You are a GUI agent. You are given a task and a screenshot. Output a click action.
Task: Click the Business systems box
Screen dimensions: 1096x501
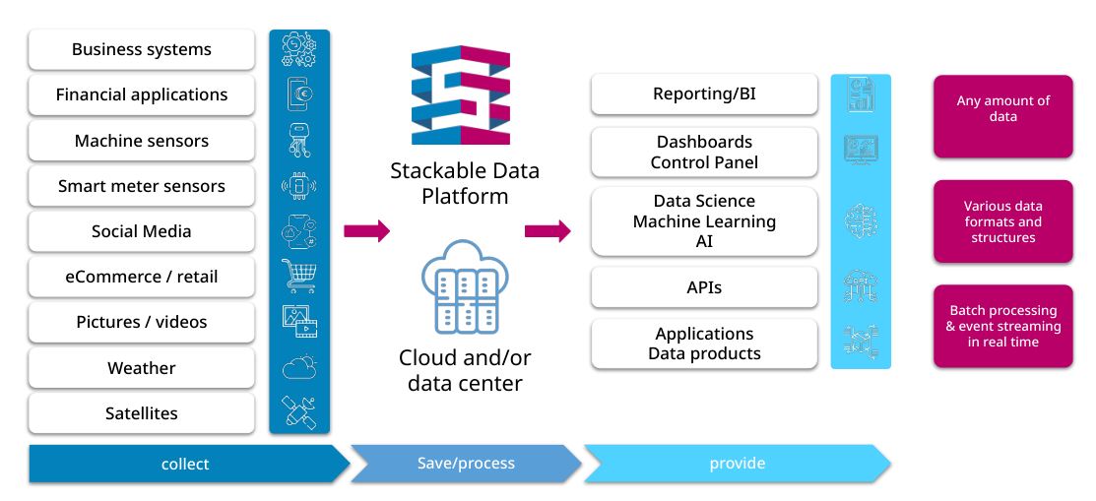[x=141, y=49]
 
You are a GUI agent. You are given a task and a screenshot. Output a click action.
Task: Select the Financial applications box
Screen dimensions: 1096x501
[x=141, y=95]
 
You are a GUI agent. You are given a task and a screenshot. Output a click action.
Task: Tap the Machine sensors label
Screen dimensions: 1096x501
[x=141, y=141]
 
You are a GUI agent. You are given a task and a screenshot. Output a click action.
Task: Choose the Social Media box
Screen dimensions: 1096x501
[x=141, y=231]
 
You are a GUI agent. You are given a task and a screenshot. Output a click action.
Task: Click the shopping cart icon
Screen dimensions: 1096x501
[x=298, y=276]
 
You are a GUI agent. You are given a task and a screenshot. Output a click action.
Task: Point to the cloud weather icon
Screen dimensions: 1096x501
[x=299, y=367]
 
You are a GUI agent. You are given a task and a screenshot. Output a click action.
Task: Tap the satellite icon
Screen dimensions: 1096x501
[x=299, y=412]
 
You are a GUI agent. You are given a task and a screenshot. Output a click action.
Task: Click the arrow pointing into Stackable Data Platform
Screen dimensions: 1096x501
[x=366, y=230]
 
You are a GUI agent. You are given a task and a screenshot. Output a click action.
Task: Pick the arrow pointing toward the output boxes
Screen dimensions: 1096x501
[x=548, y=230]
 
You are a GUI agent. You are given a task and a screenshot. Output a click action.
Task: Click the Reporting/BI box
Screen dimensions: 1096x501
[x=704, y=94]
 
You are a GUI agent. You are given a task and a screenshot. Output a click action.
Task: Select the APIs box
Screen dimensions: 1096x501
[x=704, y=287]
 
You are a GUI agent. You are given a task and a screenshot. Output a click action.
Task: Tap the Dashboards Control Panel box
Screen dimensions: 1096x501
[x=704, y=153]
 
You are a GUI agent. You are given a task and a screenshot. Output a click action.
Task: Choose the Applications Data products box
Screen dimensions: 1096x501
[x=704, y=344]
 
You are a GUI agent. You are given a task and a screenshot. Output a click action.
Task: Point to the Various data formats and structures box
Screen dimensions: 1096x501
[x=1003, y=221]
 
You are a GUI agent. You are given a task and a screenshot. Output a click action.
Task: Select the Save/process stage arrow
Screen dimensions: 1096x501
[x=466, y=464]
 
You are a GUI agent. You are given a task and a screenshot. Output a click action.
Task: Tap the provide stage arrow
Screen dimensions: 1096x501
[x=737, y=464]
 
